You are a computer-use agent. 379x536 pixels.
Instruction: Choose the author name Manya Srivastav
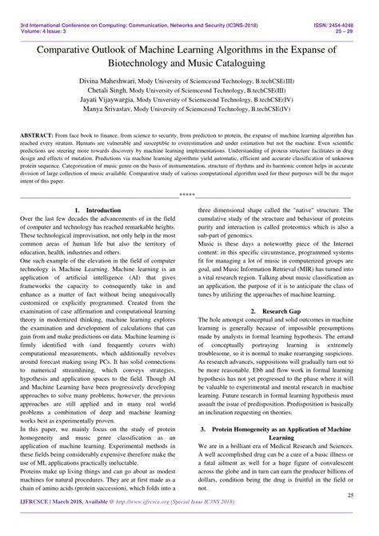[110, 118]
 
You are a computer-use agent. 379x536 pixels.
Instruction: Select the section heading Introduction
[102, 210]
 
